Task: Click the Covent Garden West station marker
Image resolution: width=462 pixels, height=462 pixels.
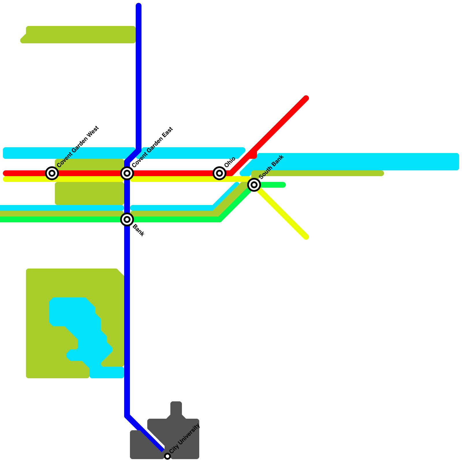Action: (x=52, y=173)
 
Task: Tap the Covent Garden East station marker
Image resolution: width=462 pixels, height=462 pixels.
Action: (x=127, y=173)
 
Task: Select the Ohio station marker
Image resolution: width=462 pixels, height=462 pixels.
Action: (x=219, y=173)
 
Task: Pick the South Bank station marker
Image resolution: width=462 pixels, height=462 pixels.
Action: (x=254, y=185)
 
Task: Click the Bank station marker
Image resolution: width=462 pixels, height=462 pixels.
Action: (x=127, y=219)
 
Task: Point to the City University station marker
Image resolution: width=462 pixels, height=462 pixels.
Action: (x=167, y=456)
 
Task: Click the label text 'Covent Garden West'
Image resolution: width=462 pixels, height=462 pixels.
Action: (x=78, y=147)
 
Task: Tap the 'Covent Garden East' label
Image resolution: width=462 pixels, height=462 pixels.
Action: (x=152, y=147)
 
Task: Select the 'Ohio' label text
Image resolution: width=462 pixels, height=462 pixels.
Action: (x=230, y=163)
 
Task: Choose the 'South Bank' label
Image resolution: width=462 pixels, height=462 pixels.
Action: (x=271, y=167)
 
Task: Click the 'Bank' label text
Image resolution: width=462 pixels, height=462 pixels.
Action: (x=138, y=230)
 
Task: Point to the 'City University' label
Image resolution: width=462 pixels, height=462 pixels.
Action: (x=185, y=439)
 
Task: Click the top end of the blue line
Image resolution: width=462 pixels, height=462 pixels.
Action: (x=139, y=5)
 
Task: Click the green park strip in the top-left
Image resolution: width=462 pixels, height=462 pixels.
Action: (x=78, y=35)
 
